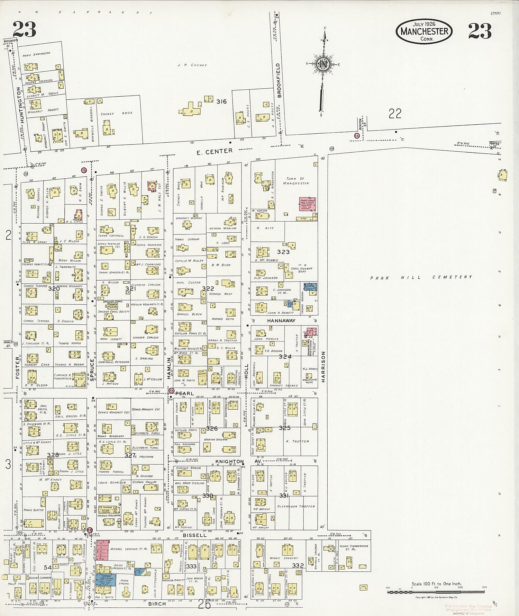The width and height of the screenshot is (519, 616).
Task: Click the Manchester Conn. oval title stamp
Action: pos(424,31)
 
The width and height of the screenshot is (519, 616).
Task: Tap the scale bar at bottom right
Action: pos(436,592)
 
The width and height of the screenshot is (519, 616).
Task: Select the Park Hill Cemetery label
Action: pos(421,277)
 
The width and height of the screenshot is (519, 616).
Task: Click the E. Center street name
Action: pos(215,152)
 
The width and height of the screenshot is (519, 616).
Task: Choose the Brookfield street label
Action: pos(279,80)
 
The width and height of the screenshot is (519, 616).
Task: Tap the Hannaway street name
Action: pos(281,321)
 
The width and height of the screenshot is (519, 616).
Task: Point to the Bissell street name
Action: pos(194,535)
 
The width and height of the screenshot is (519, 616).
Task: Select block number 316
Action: pos(221,101)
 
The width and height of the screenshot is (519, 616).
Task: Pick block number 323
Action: pos(283,252)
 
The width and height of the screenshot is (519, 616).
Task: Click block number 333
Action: pos(191,566)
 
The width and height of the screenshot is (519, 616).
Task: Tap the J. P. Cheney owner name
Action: pos(192,65)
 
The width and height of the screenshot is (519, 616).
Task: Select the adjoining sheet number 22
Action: pos(395,113)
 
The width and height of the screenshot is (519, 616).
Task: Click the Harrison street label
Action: pos(324,366)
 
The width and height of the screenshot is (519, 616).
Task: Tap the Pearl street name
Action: pos(184,393)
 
